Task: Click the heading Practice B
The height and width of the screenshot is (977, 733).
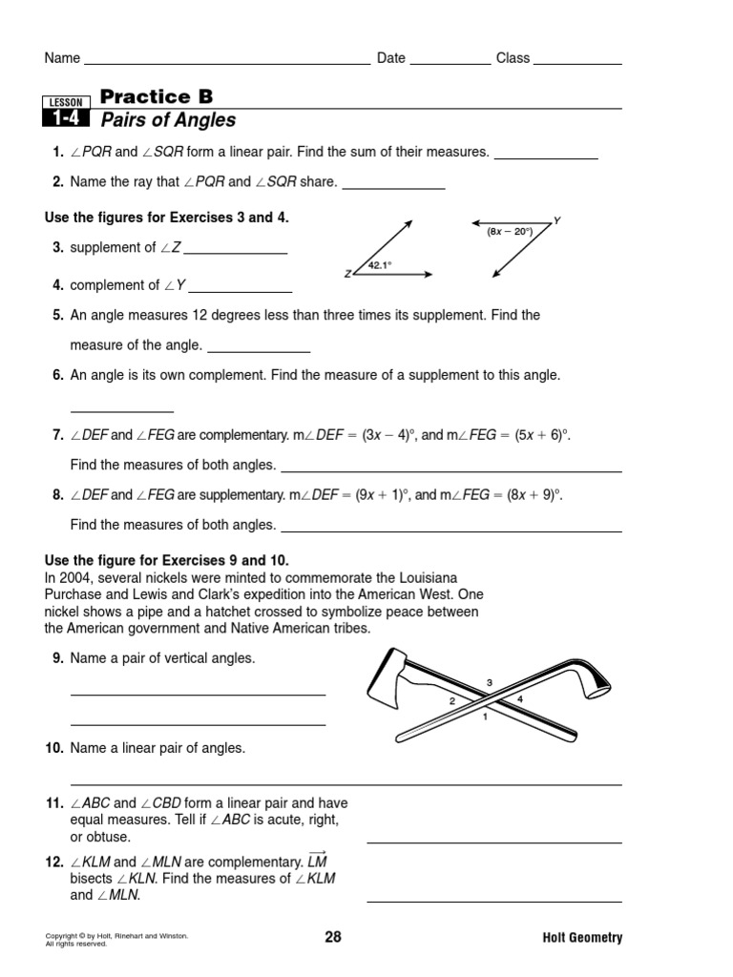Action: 157,96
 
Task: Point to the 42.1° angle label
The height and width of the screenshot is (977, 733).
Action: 381,266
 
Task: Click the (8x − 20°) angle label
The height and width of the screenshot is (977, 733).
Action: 509,231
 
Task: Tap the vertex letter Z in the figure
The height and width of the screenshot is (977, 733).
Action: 347,275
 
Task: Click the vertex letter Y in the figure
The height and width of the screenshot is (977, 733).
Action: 556,220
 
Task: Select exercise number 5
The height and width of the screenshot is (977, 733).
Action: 57,315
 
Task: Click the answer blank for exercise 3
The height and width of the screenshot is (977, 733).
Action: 235,252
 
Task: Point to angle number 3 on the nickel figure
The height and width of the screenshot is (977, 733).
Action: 489,682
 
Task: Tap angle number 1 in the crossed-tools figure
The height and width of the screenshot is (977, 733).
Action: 485,716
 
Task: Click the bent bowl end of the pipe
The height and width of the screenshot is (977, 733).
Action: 597,679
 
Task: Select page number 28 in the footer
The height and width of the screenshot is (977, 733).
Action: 332,937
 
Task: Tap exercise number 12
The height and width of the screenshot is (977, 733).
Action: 53,862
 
